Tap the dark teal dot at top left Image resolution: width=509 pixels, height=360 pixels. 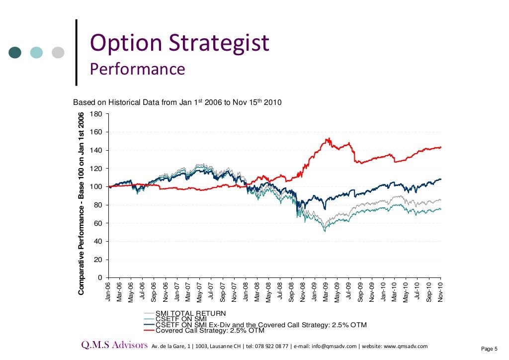click(x=15, y=52)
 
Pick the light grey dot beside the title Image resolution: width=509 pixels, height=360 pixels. click(x=59, y=52)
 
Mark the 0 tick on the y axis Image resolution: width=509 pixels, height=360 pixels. click(x=99, y=277)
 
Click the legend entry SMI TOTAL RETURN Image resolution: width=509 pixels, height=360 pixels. click(x=191, y=314)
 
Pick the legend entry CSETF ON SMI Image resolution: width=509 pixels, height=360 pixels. click(x=181, y=319)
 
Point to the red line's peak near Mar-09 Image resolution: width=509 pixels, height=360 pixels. click(x=327, y=139)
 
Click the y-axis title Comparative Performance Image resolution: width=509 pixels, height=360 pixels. click(x=82, y=203)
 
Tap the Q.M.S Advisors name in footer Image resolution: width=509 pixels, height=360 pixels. click(x=115, y=346)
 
